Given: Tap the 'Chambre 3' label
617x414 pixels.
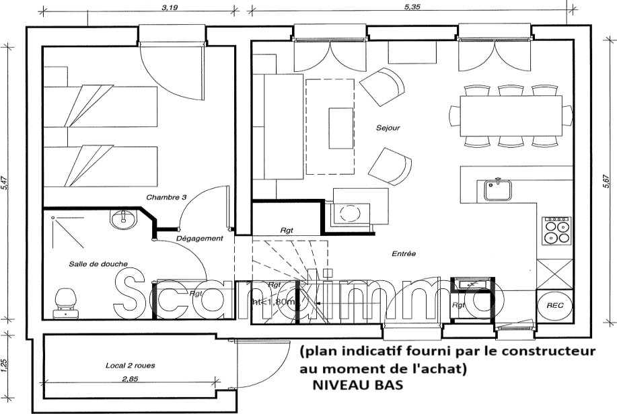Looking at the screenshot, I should [165, 198].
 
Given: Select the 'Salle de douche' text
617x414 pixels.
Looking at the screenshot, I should [98, 264].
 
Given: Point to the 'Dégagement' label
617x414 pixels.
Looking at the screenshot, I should [199, 239].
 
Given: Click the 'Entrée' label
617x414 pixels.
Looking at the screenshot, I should [404, 253].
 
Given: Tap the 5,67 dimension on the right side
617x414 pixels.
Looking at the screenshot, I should [610, 184].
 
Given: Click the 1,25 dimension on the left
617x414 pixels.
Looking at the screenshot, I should [5, 365].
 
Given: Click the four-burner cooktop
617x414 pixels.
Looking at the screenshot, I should [556, 231].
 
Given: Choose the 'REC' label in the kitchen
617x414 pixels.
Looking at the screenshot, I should [554, 304].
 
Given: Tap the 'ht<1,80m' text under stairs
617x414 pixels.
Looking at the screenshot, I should [274, 302].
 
